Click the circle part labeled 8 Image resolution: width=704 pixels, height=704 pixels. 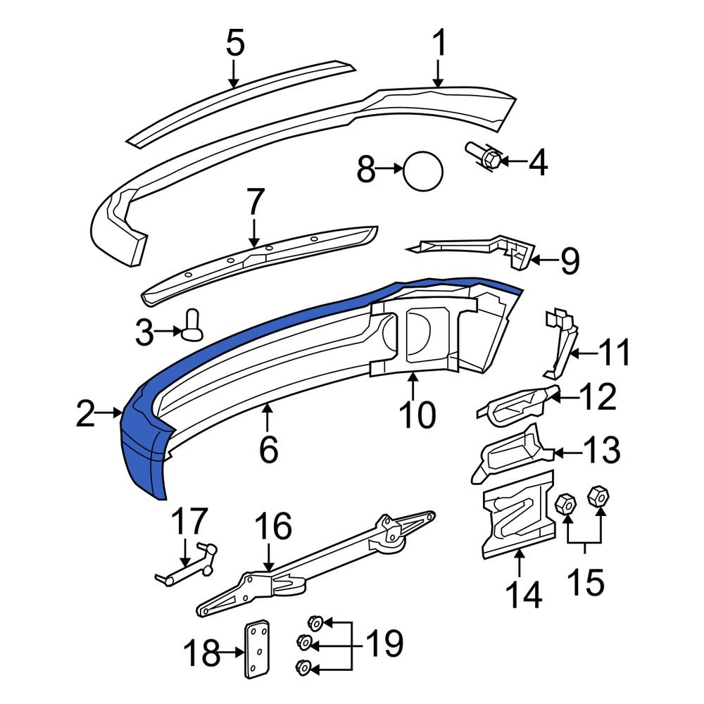pyautogui.click(x=423, y=170)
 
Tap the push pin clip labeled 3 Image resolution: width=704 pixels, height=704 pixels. pyautogui.click(x=192, y=325)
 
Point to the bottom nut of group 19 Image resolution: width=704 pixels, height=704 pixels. pyautogui.click(x=304, y=667)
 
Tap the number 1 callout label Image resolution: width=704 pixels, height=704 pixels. pyautogui.click(x=439, y=45)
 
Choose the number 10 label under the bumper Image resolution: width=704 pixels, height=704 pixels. pyautogui.click(x=417, y=415)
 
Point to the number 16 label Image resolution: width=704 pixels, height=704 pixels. pyautogui.click(x=272, y=527)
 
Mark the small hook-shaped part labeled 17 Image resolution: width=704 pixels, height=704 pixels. pyautogui.click(x=184, y=567)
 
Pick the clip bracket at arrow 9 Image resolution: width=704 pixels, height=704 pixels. pyautogui.click(x=510, y=251)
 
